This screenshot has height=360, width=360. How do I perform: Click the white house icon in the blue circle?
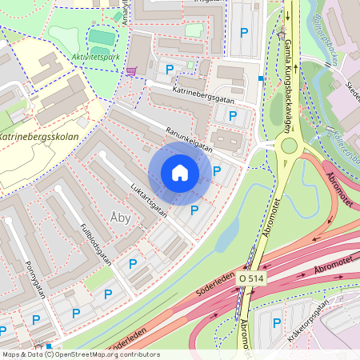180,172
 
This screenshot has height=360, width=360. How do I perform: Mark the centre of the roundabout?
289,146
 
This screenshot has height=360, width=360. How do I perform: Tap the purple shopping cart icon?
130,70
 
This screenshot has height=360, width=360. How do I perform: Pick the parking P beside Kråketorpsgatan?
277,323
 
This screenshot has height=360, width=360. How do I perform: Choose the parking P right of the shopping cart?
169,70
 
